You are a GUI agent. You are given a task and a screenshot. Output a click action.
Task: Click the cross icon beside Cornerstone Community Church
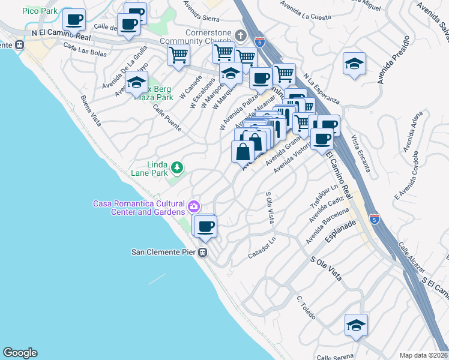coord(241,35)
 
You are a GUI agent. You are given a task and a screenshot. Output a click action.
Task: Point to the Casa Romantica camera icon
coord(194,208)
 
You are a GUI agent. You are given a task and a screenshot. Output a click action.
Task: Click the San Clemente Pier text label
coord(164,252)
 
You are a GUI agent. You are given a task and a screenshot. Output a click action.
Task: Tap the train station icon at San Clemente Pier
coord(203,252)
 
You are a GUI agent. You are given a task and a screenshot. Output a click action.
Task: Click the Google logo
coord(20,353)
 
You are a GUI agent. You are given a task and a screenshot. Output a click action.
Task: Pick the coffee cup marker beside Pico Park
coord(74,20)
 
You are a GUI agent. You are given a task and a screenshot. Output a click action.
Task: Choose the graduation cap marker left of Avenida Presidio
coord(355,64)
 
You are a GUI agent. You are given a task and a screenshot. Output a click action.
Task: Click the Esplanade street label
coord(339,233)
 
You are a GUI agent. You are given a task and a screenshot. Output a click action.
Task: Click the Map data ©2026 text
coord(423,355)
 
